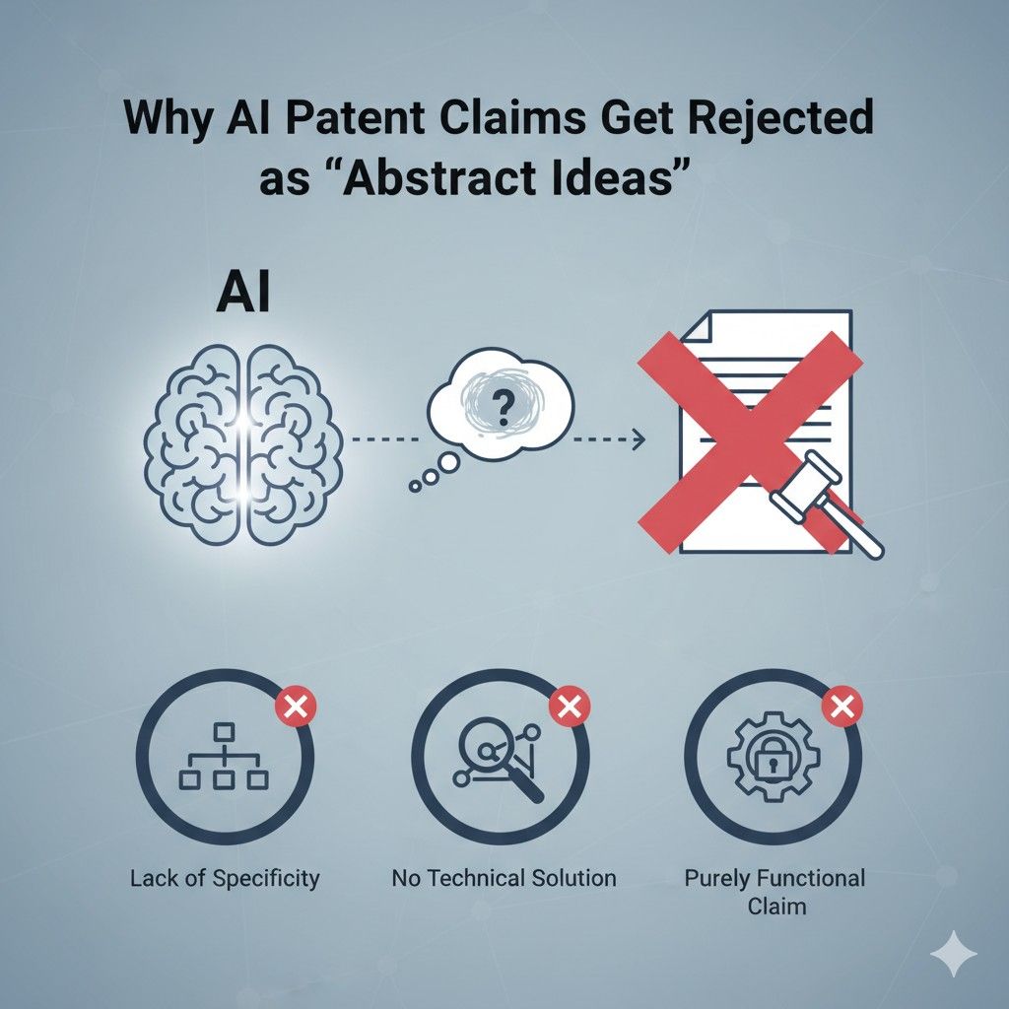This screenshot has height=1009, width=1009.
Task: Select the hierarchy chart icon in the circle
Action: click(224, 760)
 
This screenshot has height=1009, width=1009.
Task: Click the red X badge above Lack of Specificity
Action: click(292, 706)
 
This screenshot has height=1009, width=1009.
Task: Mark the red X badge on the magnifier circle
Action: click(568, 706)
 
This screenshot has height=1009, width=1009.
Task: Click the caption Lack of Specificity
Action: click(225, 877)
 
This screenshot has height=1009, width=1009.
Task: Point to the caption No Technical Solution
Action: click(504, 877)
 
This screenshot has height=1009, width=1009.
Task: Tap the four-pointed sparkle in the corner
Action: click(954, 955)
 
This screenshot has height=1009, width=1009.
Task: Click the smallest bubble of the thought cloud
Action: click(416, 484)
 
